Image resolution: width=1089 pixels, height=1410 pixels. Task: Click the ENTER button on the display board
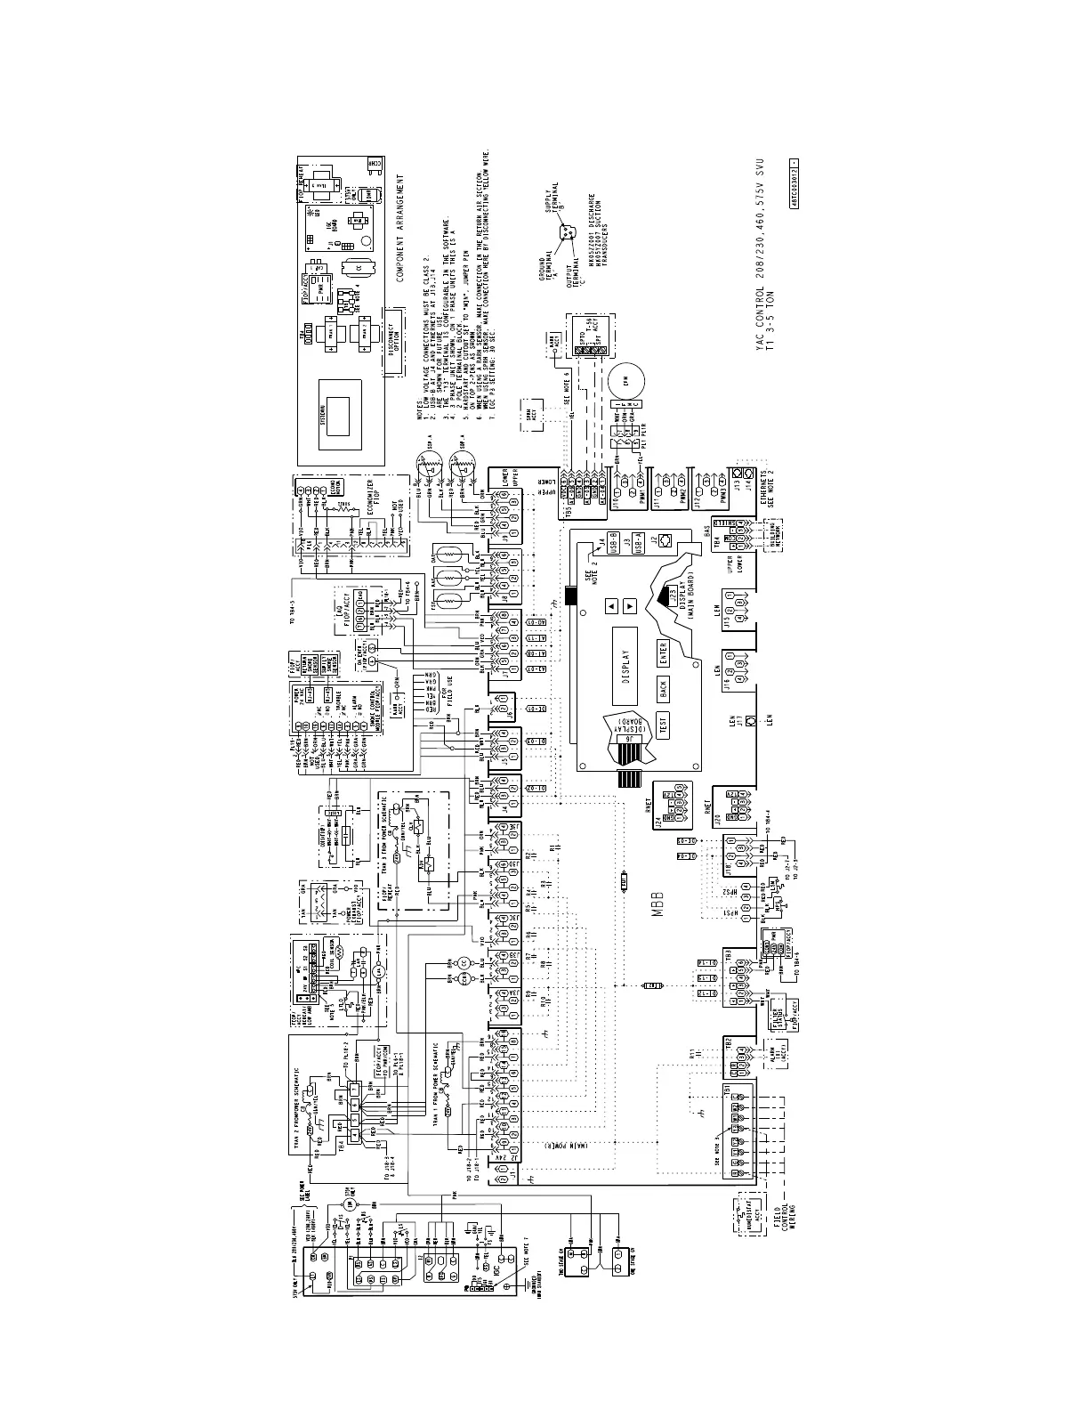(663, 652)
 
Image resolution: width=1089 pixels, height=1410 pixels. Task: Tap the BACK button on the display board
(663, 688)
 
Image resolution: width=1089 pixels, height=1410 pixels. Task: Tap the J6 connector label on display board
(630, 738)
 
